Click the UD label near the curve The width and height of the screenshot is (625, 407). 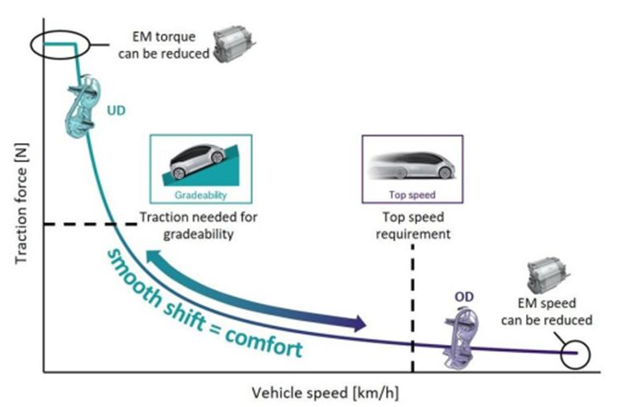116,110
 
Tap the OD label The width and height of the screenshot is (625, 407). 465,297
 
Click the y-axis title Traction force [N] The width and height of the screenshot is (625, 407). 21,203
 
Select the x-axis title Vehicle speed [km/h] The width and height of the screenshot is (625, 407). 325,393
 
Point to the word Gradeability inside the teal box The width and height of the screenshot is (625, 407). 200,195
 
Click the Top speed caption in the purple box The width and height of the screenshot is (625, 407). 412,195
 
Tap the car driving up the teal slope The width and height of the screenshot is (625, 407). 197,160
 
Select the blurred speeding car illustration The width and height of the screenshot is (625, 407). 411,164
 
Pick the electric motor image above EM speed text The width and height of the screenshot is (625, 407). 547,275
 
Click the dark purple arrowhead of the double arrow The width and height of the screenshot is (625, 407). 358,323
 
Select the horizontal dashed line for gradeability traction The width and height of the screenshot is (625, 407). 91,224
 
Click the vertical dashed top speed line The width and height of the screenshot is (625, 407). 412,308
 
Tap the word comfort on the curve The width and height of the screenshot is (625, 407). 264,342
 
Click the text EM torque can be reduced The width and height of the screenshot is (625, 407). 164,45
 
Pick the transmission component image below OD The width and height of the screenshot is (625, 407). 461,338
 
